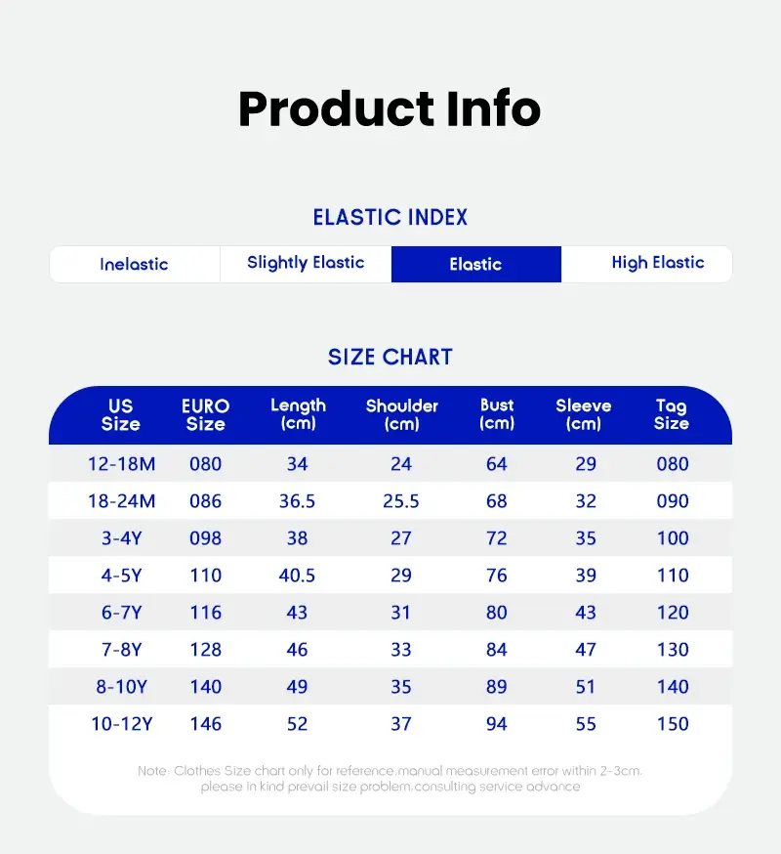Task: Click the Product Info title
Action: tap(390, 108)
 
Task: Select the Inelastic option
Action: tap(134, 264)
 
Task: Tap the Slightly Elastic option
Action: tap(306, 263)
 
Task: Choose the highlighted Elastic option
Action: tap(475, 264)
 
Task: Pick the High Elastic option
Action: tap(657, 263)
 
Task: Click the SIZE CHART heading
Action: tap(390, 358)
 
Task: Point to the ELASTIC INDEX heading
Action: tap(390, 217)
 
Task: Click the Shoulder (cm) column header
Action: tap(401, 414)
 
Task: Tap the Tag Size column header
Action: tap(672, 414)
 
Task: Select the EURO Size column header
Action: tap(206, 414)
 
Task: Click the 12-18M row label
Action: tap(121, 464)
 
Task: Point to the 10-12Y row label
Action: tap(121, 724)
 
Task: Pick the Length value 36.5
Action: tap(297, 501)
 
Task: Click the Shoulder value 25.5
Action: tap(401, 501)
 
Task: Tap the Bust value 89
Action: tap(496, 687)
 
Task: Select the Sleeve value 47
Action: tap(586, 650)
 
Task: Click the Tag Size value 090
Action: tap(673, 501)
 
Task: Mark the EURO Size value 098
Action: tap(206, 538)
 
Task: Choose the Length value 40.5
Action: tap(297, 576)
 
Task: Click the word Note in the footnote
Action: tap(153, 771)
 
